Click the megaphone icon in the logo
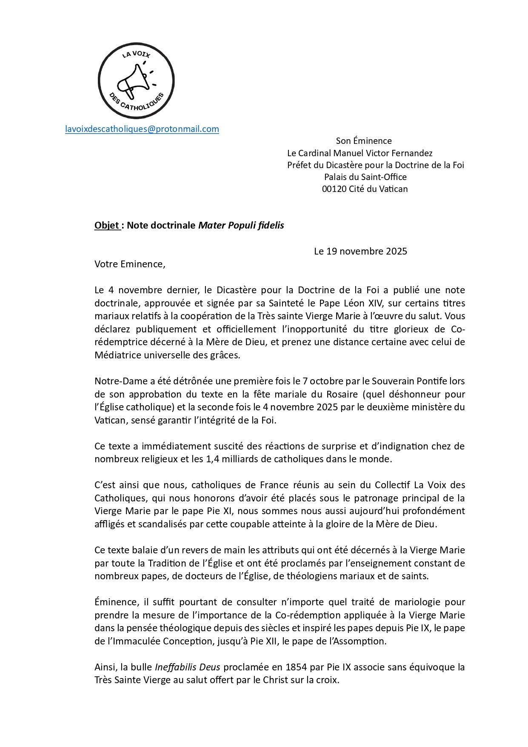coord(132,81)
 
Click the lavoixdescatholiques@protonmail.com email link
coord(142,129)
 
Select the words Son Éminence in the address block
coord(364,141)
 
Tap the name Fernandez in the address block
coord(412,153)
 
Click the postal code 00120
coord(334,189)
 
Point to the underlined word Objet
coord(107,226)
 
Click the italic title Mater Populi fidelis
coord(241,226)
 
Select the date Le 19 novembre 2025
coord(360,251)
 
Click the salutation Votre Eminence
coord(129,264)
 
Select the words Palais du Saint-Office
coord(365,177)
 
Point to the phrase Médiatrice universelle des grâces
coord(167,355)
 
